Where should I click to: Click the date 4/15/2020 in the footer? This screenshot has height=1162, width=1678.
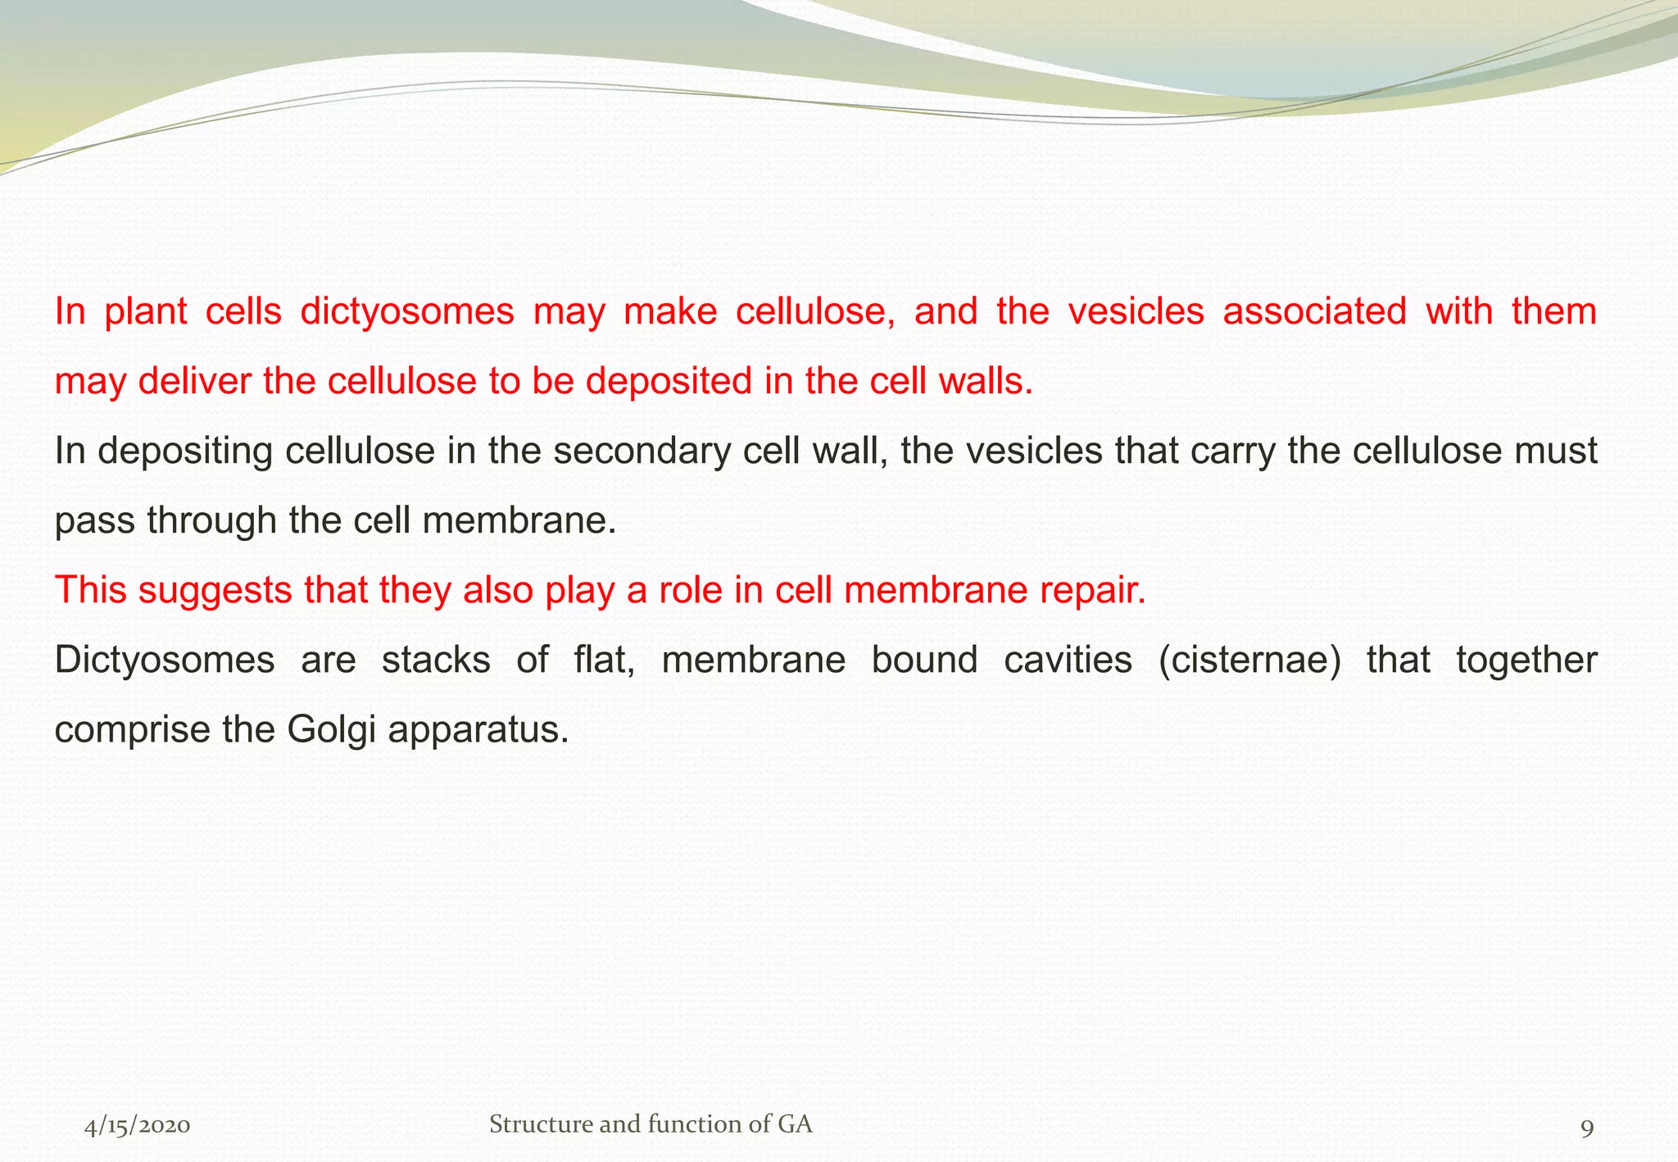tap(137, 1126)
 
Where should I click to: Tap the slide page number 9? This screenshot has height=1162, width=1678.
tap(1586, 1128)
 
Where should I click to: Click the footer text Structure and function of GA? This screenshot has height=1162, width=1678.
tap(651, 1124)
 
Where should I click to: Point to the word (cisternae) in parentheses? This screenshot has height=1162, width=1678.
tap(1250, 660)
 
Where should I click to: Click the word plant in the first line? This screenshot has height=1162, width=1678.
tap(146, 312)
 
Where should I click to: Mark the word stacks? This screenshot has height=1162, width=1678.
tap(436, 660)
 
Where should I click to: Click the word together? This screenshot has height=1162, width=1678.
tap(1526, 660)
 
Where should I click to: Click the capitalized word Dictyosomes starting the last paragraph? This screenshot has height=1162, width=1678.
tap(164, 660)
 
